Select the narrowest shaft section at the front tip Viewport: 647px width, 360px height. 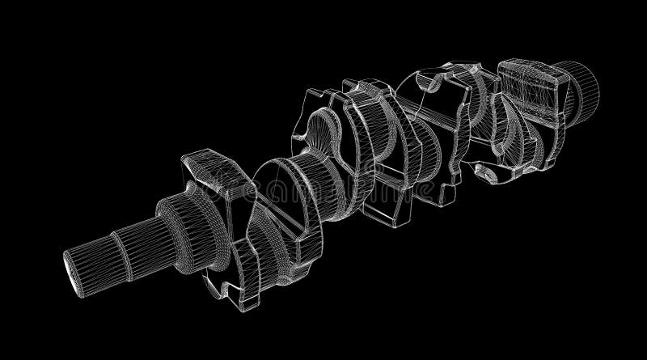click(x=92, y=257)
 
